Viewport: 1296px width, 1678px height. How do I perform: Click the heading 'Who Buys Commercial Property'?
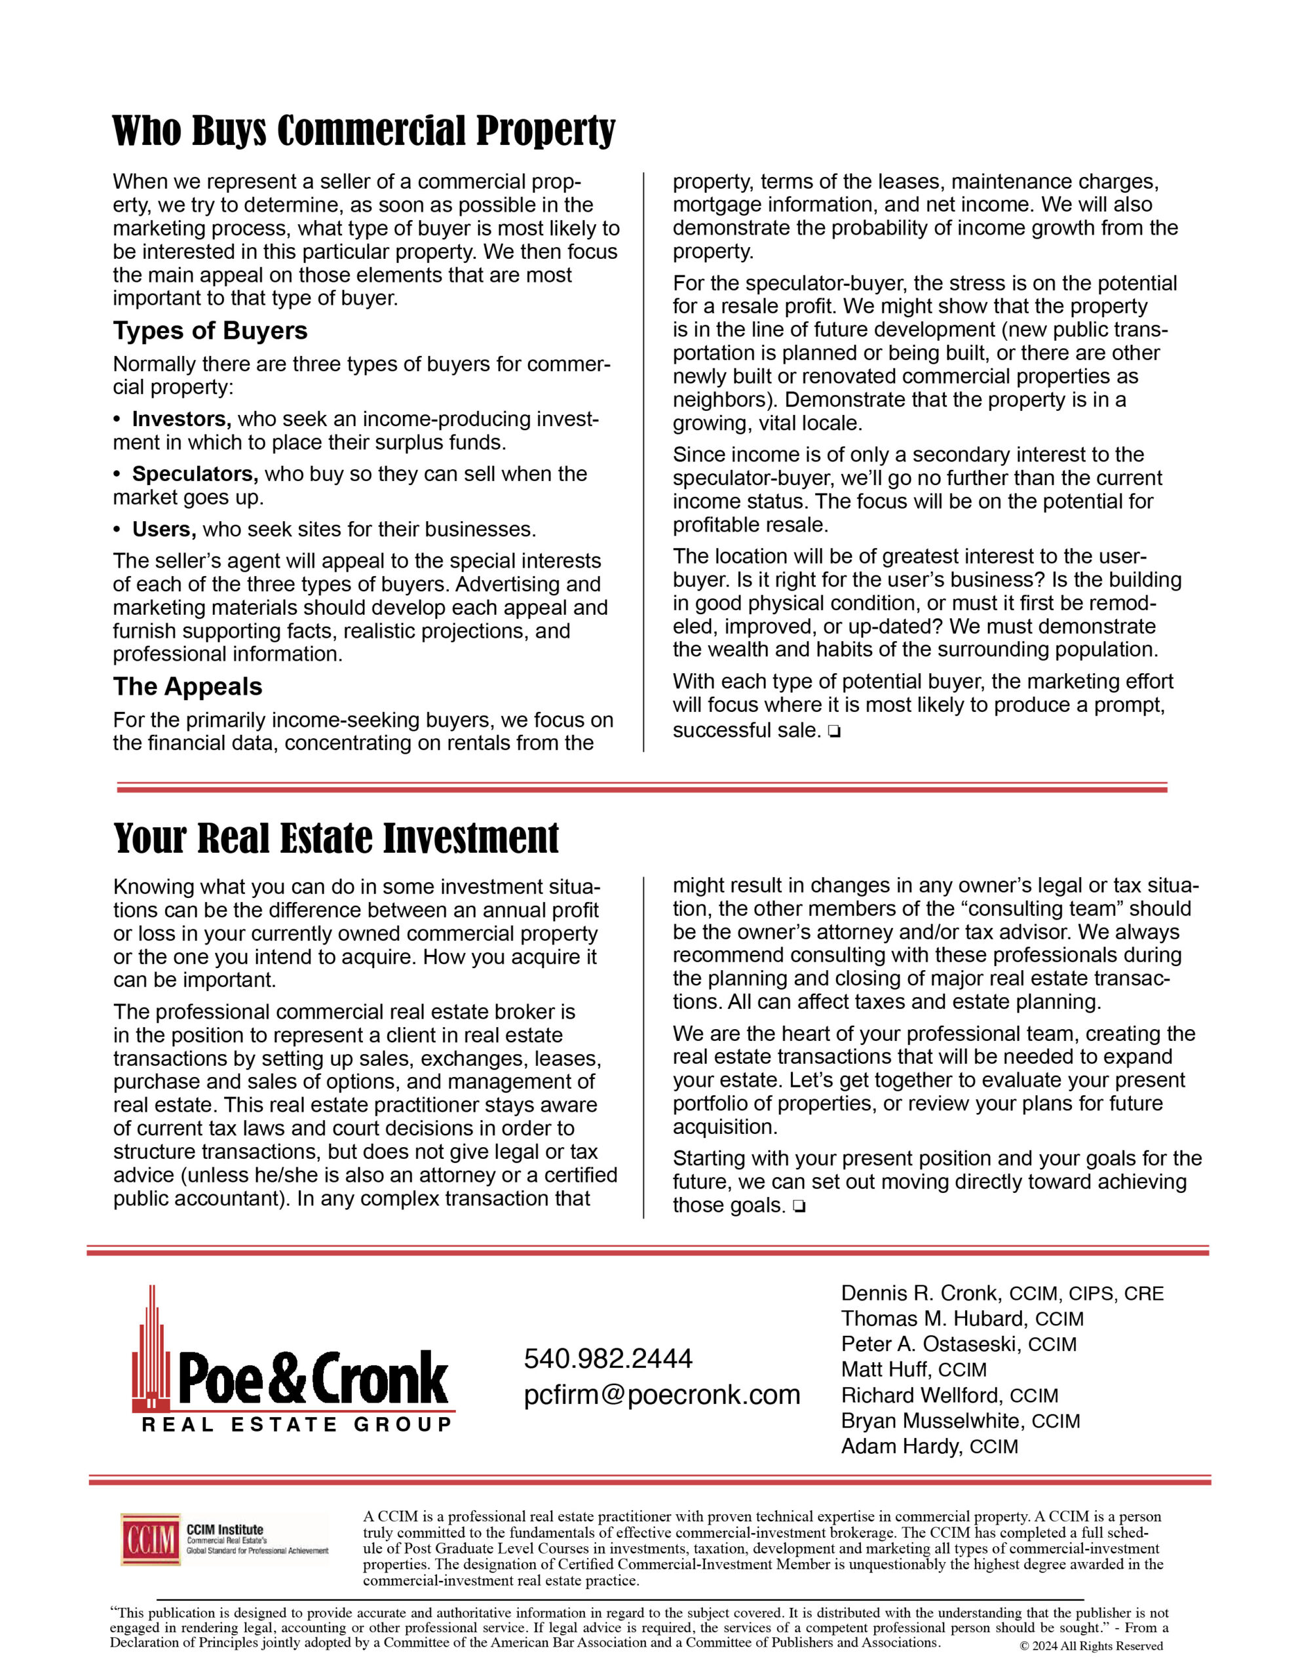(x=364, y=130)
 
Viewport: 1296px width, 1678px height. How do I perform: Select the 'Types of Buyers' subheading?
(x=210, y=330)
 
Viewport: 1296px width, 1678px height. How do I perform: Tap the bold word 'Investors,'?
(x=181, y=419)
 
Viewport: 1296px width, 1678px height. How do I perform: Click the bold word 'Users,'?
(x=164, y=530)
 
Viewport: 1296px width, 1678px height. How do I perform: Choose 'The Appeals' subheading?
(x=187, y=686)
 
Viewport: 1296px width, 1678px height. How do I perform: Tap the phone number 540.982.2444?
(x=607, y=1358)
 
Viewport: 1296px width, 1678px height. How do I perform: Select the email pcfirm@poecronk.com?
(x=662, y=1394)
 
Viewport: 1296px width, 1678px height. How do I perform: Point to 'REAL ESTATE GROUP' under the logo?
(x=297, y=1425)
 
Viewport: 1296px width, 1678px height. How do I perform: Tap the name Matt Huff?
(x=885, y=1369)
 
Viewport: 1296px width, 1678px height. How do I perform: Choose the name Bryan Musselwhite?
(x=932, y=1420)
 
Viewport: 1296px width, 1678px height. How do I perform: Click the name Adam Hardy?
(x=900, y=1446)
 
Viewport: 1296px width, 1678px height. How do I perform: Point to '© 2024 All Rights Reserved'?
(x=1091, y=1646)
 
